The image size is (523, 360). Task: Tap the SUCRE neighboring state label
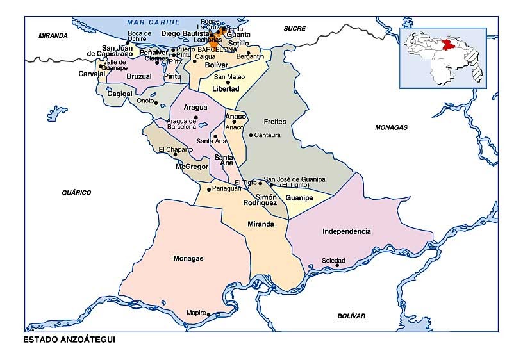pos(295,28)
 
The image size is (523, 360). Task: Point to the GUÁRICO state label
pos(76,192)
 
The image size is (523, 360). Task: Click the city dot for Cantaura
pos(251,135)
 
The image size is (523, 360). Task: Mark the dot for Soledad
pos(347,265)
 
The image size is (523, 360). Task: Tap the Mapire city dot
pos(208,314)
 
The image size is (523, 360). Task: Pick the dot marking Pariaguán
pos(209,189)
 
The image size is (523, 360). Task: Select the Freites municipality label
pos(275,121)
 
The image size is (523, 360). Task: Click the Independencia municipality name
pos(346,231)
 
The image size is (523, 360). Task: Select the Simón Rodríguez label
pos(260,199)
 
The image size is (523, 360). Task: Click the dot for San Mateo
pos(228,82)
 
